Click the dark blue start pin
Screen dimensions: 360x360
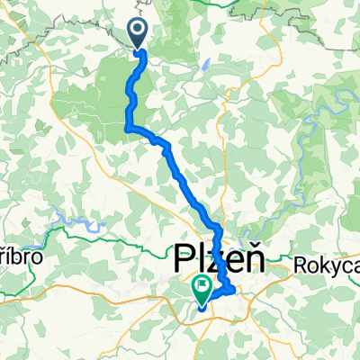coord(139,34)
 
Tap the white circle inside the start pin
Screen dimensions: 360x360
coord(139,31)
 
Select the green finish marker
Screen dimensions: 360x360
coord(202,290)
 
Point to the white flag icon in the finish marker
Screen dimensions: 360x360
coord(202,287)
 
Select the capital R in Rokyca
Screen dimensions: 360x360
coord(301,266)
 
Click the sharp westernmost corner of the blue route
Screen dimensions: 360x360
coord(125,129)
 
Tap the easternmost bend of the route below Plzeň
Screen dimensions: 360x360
coord(235,290)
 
